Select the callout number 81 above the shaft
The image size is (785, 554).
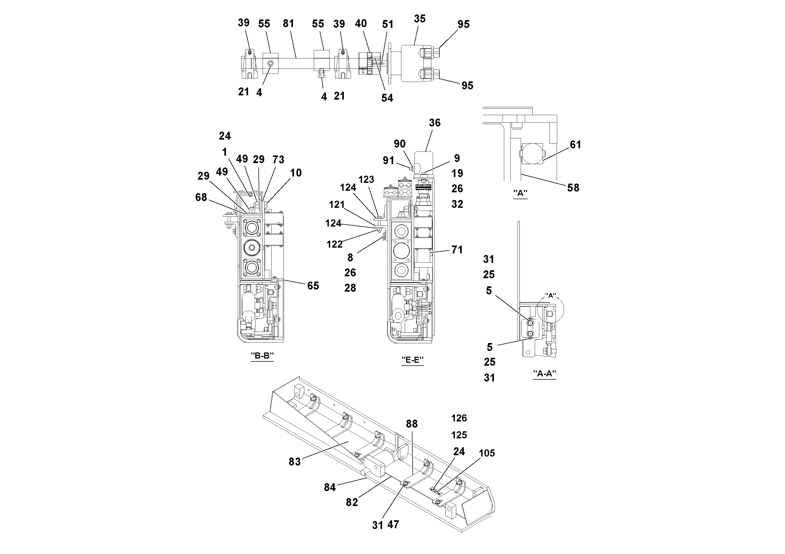(288, 23)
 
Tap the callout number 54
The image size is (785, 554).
(387, 98)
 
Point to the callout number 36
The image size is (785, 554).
(435, 123)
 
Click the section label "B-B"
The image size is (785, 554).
(262, 356)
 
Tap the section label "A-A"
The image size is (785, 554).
(545, 374)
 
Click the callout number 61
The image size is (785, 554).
(575, 145)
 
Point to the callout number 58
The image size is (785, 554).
(573, 188)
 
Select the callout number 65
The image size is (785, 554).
(313, 286)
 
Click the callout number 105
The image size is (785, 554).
(487, 453)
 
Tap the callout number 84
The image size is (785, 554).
(330, 487)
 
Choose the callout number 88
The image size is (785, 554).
(412, 424)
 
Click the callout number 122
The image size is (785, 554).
(334, 244)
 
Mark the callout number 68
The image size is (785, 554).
(201, 197)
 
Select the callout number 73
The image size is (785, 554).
(278, 159)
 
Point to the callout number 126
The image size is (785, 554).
(459, 418)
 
